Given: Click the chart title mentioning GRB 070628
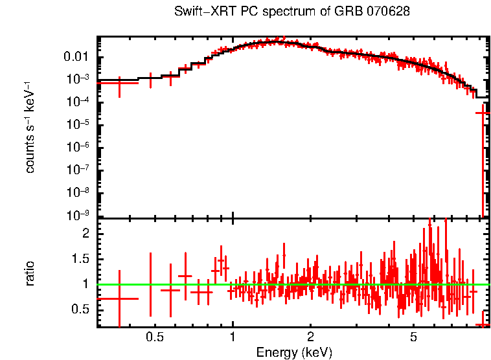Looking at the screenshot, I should [x=292, y=12].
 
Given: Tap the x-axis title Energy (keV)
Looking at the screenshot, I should [x=294, y=352].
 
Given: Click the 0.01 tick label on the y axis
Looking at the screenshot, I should [x=79, y=57].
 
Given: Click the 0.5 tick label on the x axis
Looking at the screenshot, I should [x=155, y=337].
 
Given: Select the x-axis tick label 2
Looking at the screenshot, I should [x=310, y=337].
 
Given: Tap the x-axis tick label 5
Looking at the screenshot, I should [x=413, y=337].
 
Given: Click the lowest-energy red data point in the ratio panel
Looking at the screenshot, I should [x=119, y=298].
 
